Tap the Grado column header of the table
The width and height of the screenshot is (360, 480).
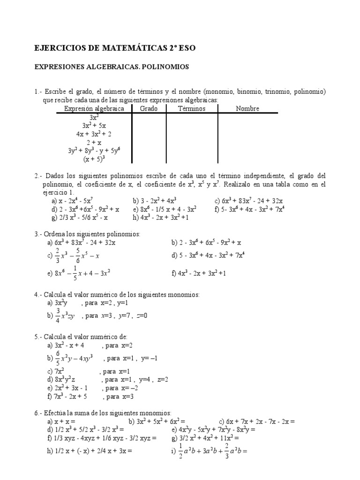click(x=149, y=109)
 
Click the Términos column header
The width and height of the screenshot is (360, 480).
click(x=192, y=109)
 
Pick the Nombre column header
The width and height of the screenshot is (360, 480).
click(x=247, y=109)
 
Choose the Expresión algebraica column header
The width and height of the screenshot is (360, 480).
click(x=94, y=109)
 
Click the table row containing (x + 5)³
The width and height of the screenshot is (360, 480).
click(x=94, y=159)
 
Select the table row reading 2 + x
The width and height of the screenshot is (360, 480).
click(x=94, y=142)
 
